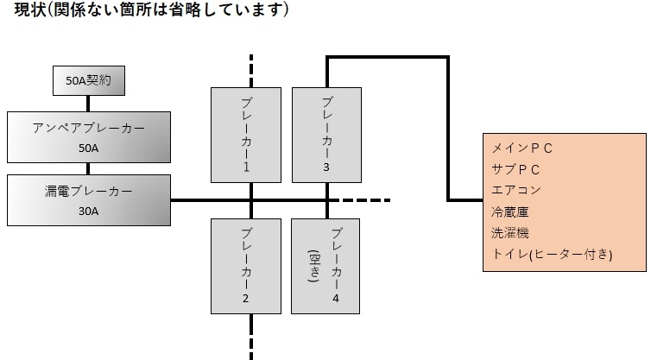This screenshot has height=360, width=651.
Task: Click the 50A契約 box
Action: (89, 82)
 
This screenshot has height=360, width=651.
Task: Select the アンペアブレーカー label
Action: (89, 128)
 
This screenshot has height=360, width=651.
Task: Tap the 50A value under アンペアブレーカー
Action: (89, 148)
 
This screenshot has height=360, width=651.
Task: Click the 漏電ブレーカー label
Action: (89, 191)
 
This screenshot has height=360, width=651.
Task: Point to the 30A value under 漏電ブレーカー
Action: (89, 210)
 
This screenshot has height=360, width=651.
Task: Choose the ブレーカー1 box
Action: (246, 134)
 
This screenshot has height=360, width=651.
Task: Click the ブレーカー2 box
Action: (246, 265)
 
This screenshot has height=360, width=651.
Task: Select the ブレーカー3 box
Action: (326, 134)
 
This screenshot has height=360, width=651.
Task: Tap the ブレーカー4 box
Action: (326, 265)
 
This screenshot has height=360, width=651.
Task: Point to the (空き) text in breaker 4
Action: (314, 267)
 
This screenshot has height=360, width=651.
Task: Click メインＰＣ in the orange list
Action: (522, 148)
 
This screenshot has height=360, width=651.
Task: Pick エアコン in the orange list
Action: (516, 190)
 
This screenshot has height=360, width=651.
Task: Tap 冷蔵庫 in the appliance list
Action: (510, 212)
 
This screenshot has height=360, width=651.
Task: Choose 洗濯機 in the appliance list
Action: (510, 232)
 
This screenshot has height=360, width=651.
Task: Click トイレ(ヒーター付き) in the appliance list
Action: (552, 254)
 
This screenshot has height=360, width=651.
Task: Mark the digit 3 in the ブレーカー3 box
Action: (326, 167)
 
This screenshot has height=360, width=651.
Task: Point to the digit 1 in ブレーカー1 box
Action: (246, 167)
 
